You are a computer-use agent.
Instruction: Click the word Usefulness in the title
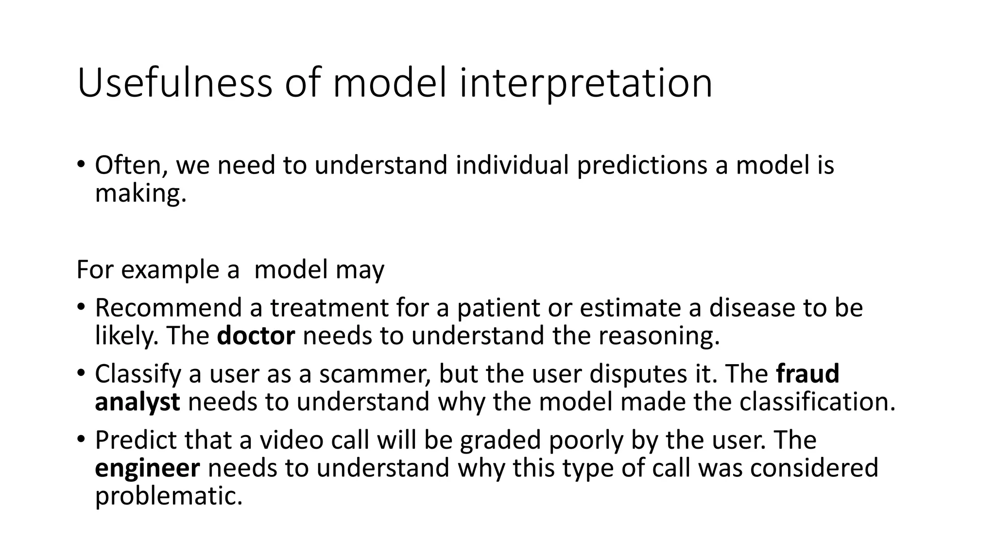174,83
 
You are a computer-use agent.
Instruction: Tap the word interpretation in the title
585,83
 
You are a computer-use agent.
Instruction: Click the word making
140,193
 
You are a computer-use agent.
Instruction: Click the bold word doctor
256,336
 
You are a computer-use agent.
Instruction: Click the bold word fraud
808,374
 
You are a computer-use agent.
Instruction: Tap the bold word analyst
137,402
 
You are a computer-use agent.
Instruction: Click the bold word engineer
147,468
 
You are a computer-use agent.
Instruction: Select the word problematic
168,496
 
